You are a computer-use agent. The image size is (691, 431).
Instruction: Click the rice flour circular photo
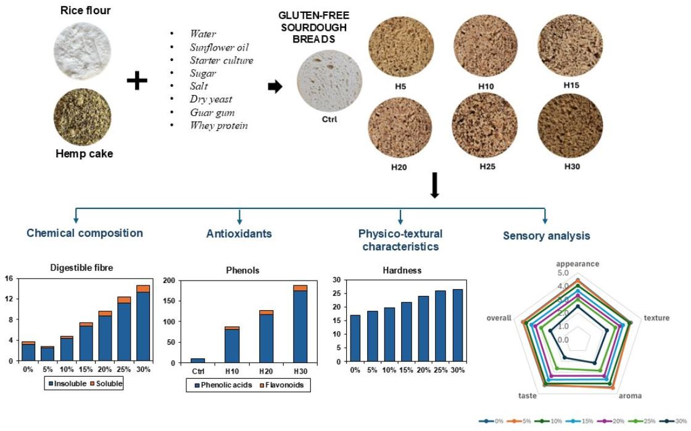click(x=81, y=47)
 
